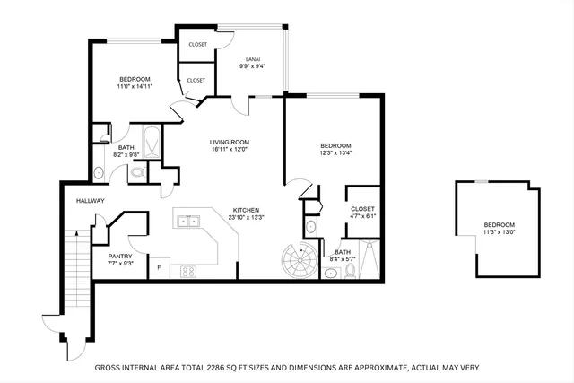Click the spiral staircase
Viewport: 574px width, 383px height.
297,262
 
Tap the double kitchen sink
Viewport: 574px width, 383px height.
189,221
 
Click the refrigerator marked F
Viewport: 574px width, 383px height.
160,268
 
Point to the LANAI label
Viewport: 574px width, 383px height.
254,58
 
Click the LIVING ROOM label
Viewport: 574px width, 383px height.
229,142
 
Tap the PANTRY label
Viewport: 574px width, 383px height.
121,257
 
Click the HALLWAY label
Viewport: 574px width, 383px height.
91,201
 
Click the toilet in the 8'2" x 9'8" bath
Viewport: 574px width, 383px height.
138,173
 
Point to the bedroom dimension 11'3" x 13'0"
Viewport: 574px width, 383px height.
500,232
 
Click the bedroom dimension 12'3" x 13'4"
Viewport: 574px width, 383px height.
335,153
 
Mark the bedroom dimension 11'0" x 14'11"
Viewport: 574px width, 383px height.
135,86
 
